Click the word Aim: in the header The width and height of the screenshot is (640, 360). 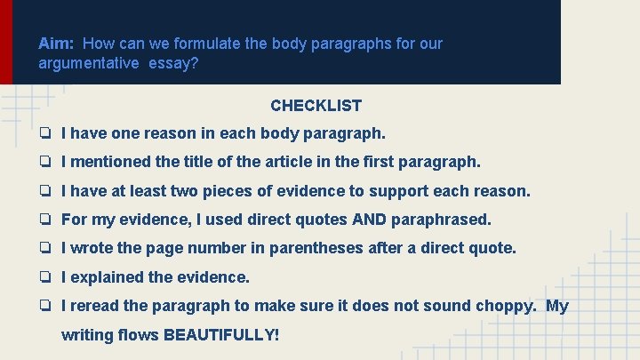click(x=58, y=44)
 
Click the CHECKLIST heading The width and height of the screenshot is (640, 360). click(x=316, y=106)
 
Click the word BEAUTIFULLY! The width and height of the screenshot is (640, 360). click(x=221, y=336)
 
